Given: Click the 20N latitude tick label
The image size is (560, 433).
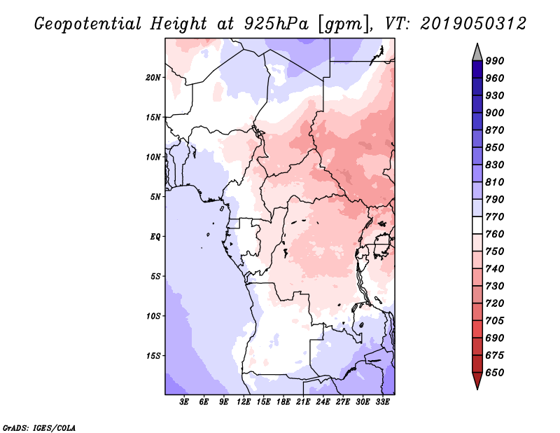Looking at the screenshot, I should pos(154,77).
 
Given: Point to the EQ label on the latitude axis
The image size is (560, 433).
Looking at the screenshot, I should pos(155,236).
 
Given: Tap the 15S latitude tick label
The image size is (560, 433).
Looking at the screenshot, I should pos(154,355).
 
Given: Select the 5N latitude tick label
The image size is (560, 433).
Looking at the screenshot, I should pos(155,196).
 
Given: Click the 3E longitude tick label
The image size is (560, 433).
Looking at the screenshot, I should pos(185,402).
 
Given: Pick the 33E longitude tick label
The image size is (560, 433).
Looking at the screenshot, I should pos(382,402).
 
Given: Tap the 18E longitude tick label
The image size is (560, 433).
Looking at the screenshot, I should pos(283,402).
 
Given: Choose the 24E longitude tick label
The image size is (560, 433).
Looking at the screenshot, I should pos(323,402).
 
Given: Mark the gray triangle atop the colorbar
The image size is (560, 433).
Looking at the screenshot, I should pos(477,52).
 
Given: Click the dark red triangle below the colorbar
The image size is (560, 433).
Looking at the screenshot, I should pos(477,381).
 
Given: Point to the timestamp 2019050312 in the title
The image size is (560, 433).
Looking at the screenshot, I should pos(473,23).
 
